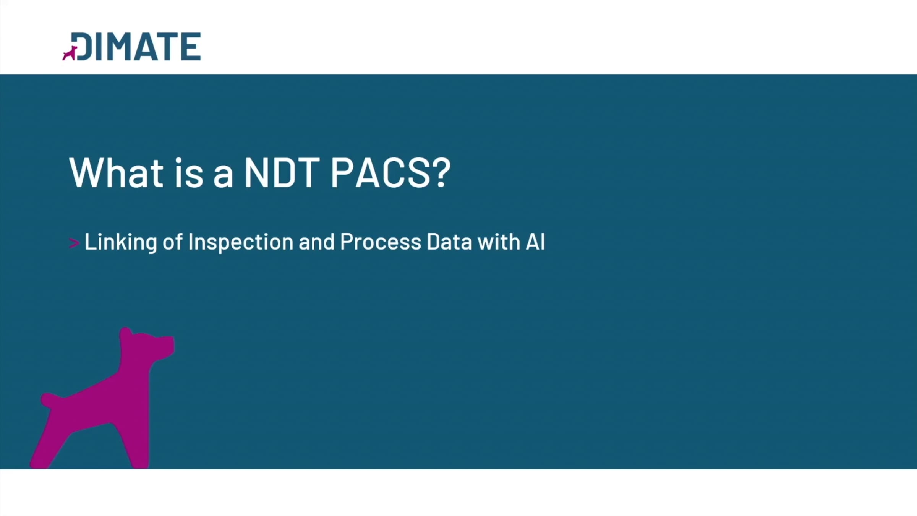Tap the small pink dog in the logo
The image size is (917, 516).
[70, 54]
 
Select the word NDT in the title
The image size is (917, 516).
[282, 173]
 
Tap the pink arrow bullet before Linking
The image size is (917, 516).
[74, 243]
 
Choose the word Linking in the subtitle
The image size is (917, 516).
[121, 242]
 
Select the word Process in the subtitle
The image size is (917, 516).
[381, 242]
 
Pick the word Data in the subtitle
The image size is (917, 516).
[449, 242]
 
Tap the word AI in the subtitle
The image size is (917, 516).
[535, 242]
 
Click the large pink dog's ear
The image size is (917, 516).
[126, 335]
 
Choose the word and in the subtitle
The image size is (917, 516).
[317, 242]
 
